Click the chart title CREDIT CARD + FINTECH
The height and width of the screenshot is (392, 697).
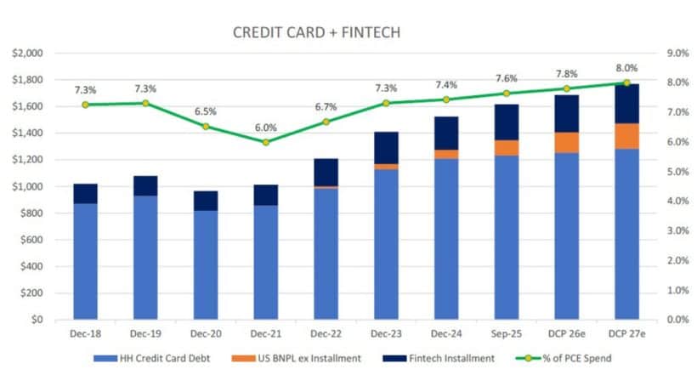pos(316,32)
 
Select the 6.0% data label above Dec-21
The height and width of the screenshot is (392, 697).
pos(266,128)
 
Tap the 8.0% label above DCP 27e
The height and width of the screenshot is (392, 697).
pos(626,68)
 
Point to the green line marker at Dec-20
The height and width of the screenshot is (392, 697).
pos(206,126)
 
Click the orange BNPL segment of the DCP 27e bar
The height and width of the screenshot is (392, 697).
pos(626,136)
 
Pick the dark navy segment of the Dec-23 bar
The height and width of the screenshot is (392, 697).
pos(386,148)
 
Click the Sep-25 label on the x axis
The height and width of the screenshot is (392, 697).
pos(507,336)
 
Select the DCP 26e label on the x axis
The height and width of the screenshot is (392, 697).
pos(566,336)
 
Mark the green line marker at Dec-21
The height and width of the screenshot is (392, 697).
pos(266,142)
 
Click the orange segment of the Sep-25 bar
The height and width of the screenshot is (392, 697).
pos(507,147)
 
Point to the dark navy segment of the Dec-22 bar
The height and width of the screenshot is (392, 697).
pos(326,172)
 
